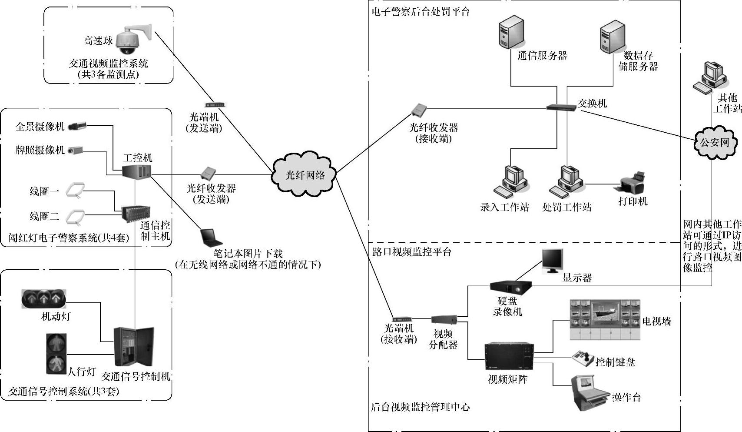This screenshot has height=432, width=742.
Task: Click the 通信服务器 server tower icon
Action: [510, 33]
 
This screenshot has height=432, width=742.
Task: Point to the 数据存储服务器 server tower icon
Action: [613, 33]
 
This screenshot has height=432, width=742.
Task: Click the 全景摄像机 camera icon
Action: [77, 126]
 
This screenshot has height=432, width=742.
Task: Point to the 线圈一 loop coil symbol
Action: [76, 191]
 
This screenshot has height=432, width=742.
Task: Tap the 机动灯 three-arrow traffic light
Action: [43, 299]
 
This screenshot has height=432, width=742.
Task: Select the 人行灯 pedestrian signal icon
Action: [56, 353]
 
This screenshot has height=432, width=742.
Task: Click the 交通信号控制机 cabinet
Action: [134, 347]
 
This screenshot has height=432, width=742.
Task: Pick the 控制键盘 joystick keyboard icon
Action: [583, 359]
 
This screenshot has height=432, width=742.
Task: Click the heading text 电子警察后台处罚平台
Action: [421, 12]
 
